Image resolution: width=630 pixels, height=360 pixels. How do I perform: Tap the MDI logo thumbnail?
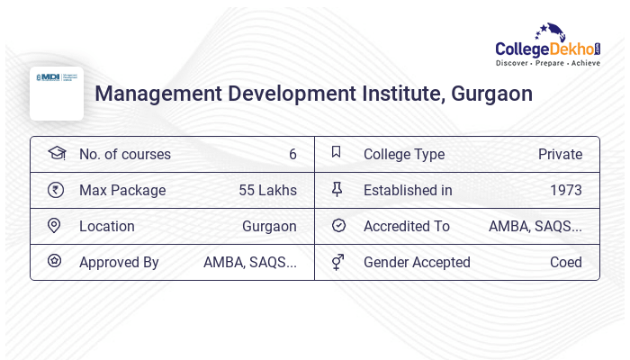(57, 93)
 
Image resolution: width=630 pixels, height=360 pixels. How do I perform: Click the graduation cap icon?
(56, 153)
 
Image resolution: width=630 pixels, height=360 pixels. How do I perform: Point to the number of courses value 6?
(292, 154)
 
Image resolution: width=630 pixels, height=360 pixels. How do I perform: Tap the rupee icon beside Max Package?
(56, 189)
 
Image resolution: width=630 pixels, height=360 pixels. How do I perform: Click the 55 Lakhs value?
(267, 190)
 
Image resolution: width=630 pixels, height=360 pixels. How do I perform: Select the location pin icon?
(55, 225)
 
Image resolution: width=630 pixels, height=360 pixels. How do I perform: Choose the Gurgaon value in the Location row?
(269, 226)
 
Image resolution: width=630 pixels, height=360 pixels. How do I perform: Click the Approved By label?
(119, 262)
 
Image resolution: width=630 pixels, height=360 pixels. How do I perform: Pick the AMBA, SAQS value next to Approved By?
(250, 262)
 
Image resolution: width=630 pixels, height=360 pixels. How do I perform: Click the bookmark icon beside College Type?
(337, 152)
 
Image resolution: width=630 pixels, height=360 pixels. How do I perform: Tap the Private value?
(560, 154)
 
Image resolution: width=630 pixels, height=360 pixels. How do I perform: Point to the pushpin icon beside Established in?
(337, 189)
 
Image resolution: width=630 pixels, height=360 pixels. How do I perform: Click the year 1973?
(566, 190)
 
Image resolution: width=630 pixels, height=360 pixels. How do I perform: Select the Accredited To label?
(407, 226)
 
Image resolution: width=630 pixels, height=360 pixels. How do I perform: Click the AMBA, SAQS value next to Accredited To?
(535, 226)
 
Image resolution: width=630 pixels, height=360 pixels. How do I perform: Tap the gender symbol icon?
(337, 262)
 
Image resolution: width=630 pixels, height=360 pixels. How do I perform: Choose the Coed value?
(566, 262)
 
